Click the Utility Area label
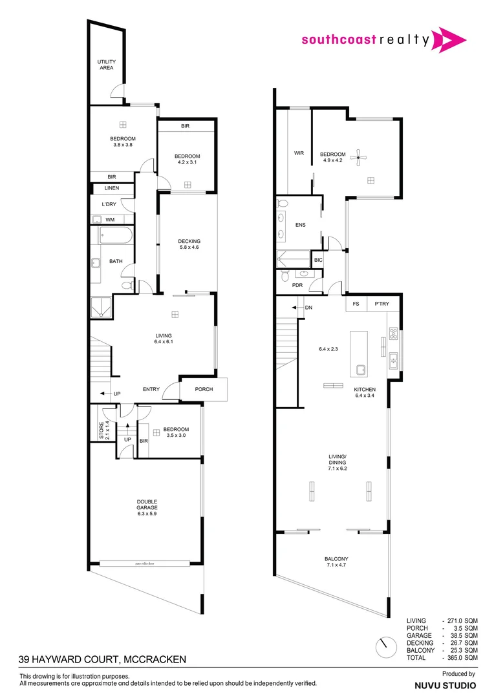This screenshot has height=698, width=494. point(107,65)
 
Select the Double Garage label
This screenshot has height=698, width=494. point(147,505)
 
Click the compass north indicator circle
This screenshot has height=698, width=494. point(386,644)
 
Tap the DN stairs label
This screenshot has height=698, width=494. point(308,308)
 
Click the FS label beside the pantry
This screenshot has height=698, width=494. point(356,303)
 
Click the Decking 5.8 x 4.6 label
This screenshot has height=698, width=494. point(189,244)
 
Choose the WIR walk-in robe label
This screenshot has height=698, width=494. point(299,153)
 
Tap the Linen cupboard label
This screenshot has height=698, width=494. point(111,189)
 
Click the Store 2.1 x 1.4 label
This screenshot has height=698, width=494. point(102,431)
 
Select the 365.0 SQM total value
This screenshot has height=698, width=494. point(465,657)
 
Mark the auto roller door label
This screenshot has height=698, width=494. point(145,564)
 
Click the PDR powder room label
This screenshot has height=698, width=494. point(297,285)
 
